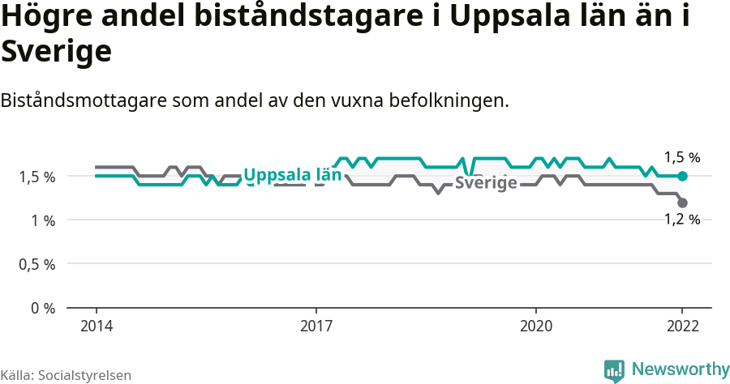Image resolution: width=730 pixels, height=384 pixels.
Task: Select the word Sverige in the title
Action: click(x=56, y=53)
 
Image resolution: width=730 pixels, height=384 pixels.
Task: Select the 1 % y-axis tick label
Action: click(x=45, y=220)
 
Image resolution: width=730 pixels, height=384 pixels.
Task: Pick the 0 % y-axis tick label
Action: click(x=45, y=308)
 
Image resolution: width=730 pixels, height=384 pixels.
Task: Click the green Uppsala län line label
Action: click(x=292, y=175)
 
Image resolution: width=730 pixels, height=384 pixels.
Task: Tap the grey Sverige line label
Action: click(x=486, y=183)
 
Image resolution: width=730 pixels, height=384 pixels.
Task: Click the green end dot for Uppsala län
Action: click(x=682, y=176)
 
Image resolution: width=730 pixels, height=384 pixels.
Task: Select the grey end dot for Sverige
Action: click(x=682, y=203)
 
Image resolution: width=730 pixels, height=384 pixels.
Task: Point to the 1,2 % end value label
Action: click(x=682, y=219)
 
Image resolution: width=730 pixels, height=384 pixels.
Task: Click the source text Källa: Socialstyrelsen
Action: click(x=67, y=374)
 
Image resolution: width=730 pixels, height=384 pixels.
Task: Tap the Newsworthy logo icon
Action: click(x=614, y=371)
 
